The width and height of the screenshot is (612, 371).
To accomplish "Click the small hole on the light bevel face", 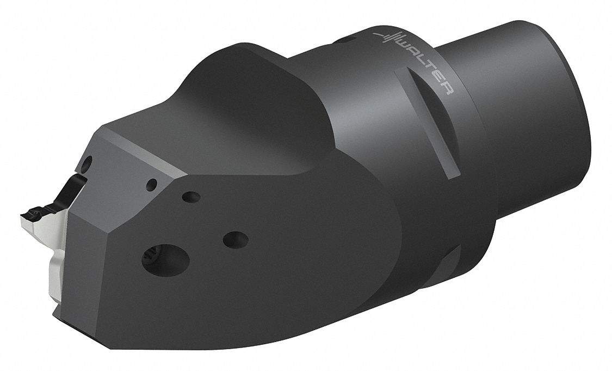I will click(153, 184).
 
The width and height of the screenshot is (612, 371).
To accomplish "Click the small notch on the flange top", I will click(344, 39).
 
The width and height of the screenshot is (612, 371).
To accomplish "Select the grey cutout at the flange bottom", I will click(450, 261).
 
